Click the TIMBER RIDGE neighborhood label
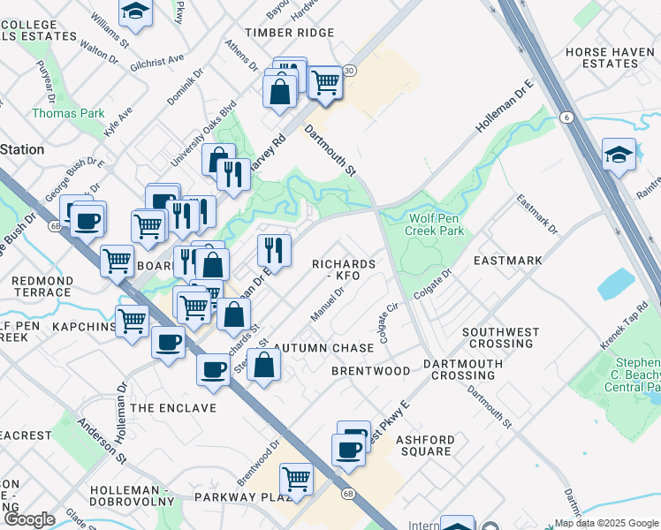(290, 33)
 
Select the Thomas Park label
(68, 113)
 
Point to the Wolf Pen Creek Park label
(435, 224)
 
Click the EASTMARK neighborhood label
(507, 261)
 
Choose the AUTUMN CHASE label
(323, 348)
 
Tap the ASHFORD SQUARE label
(425, 445)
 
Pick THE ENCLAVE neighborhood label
(173, 407)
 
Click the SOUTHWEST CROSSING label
(500, 337)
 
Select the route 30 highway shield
(350, 71)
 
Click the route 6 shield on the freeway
(564, 117)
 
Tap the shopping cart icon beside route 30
(326, 82)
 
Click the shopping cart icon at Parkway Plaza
(296, 479)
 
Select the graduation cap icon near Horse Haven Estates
(619, 154)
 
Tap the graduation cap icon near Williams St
(134, 11)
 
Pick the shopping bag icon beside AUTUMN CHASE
(263, 363)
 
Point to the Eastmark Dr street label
(538, 215)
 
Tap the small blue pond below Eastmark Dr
(615, 284)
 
